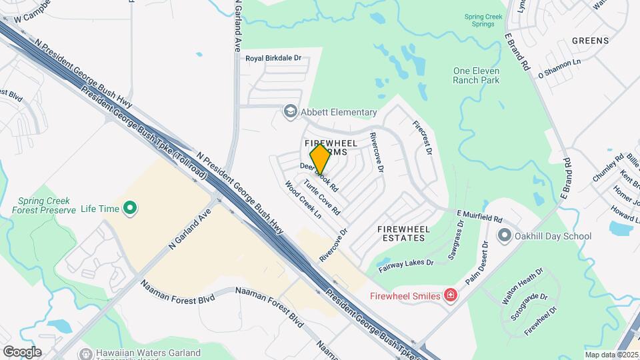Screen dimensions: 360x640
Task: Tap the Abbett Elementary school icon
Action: point(290,111)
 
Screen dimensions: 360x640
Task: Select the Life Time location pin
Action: point(131,209)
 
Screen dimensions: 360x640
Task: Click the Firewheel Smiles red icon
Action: point(451,295)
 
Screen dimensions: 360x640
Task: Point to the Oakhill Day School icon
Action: point(505,235)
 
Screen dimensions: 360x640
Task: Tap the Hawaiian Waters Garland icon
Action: point(85,353)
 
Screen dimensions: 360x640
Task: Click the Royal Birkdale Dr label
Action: point(273,58)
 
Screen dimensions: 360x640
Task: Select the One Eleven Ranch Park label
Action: point(476,75)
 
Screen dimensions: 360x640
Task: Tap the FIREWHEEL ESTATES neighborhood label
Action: point(401,233)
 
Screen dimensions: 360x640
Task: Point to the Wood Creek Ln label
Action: point(303,200)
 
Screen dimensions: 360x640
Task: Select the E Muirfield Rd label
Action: point(479,216)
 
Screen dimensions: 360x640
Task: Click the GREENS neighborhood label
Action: point(590,41)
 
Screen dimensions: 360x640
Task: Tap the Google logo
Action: point(22,351)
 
